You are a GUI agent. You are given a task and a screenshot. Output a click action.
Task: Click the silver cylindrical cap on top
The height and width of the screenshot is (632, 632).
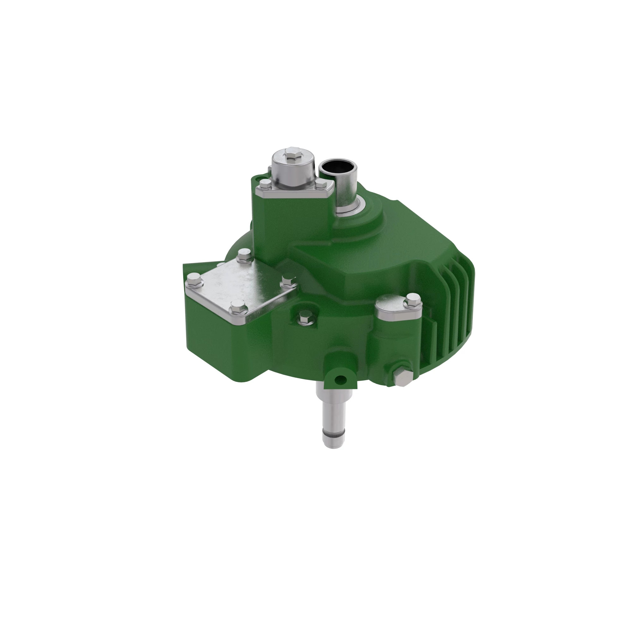click(x=293, y=170)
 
